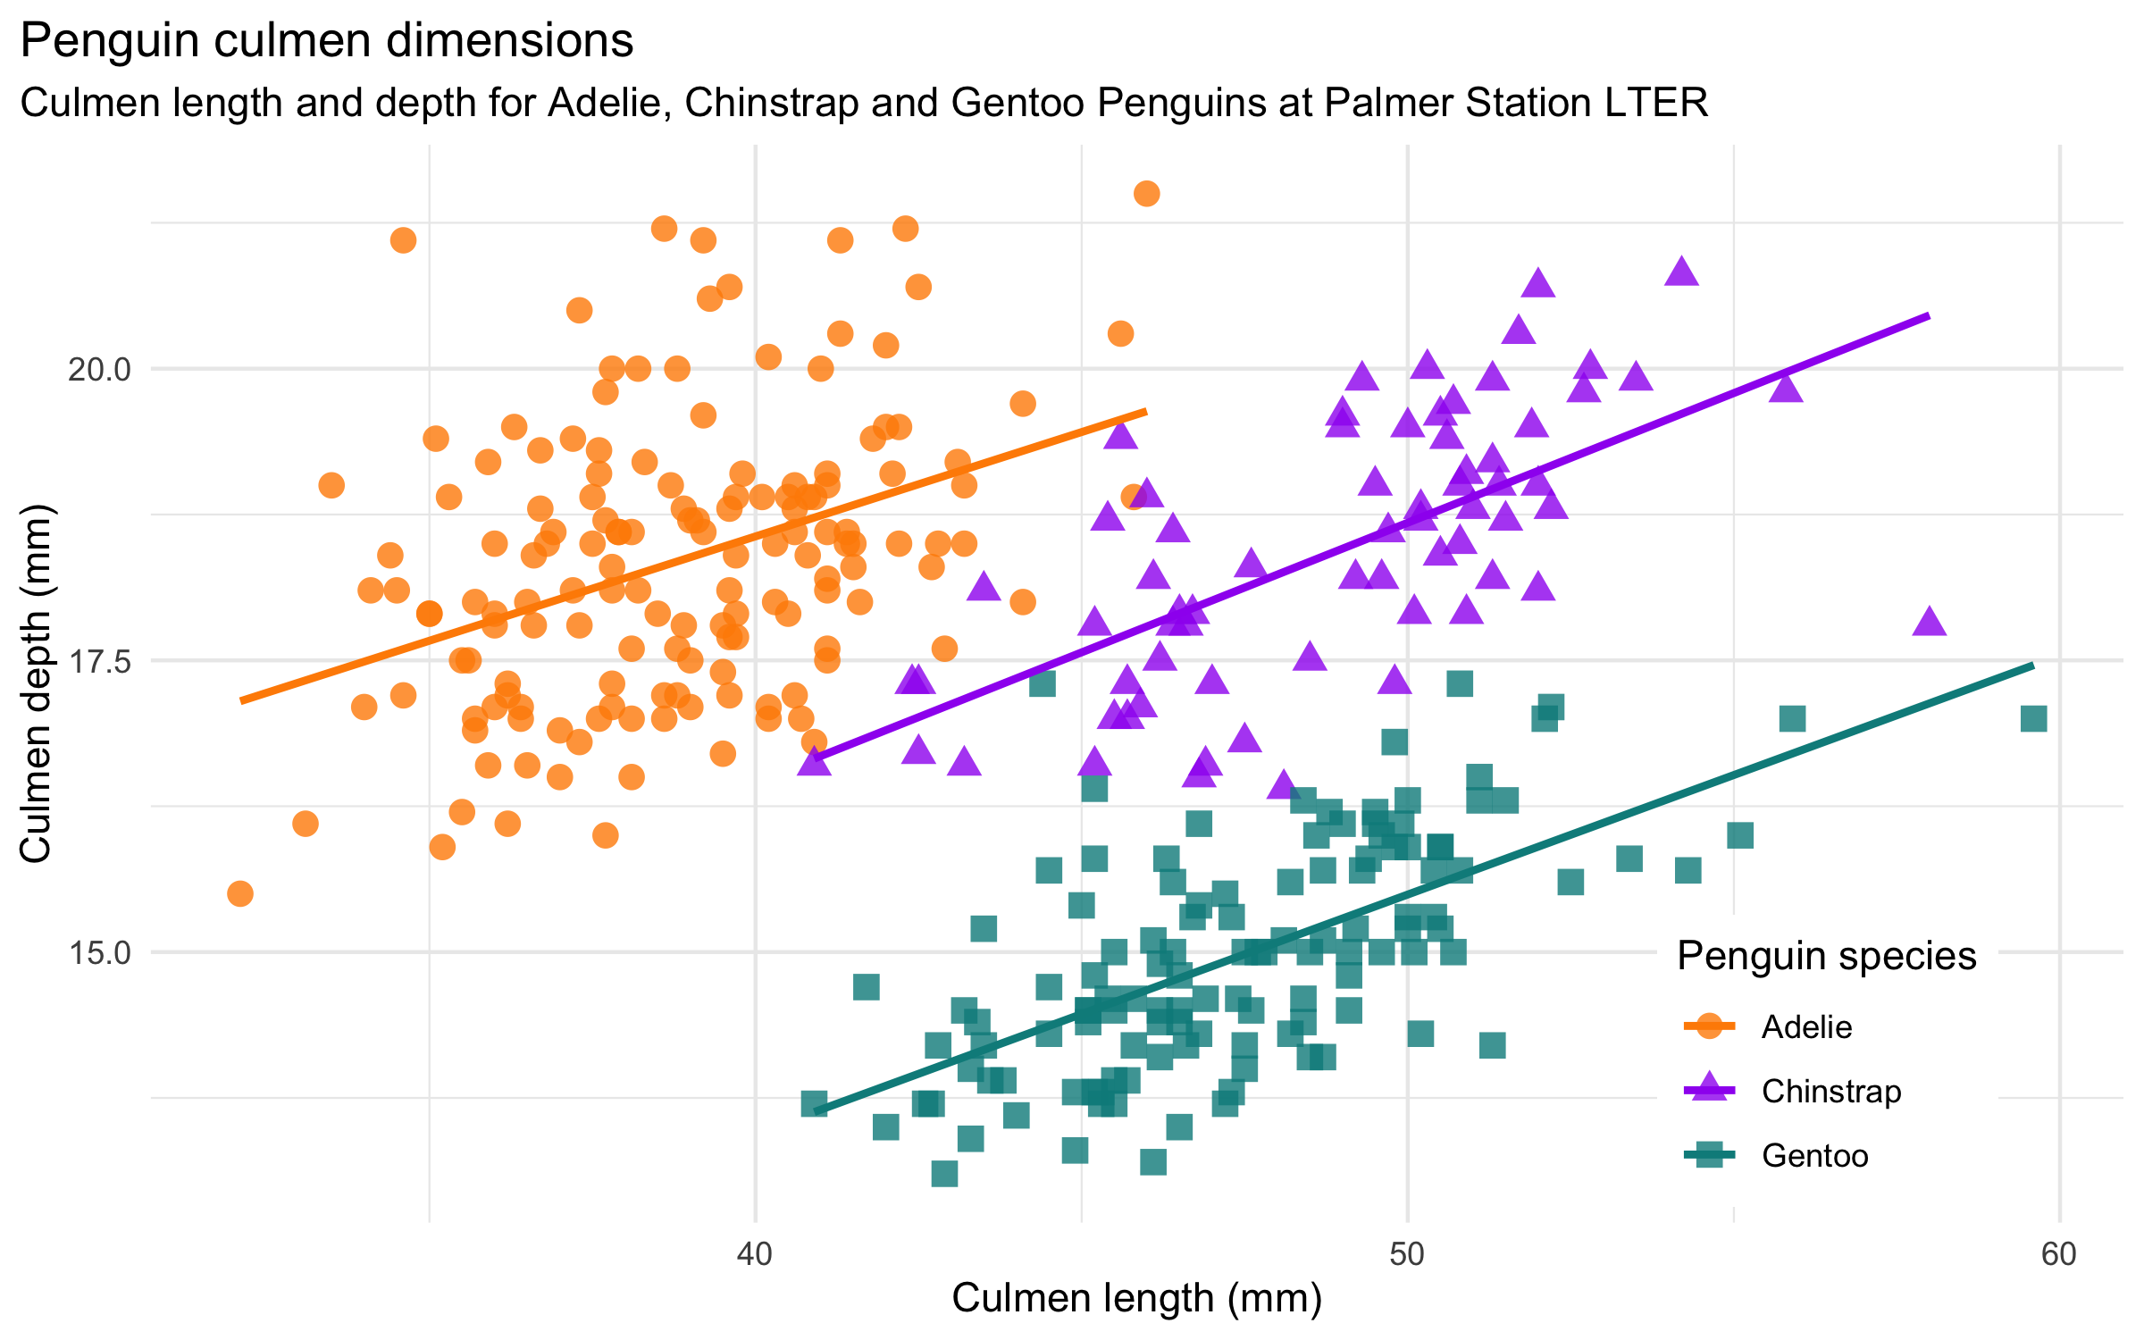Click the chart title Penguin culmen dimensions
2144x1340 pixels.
pyautogui.click(x=327, y=41)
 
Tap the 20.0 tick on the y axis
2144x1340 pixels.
pyautogui.click(x=99, y=369)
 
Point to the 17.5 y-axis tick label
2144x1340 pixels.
pyautogui.click(x=99, y=661)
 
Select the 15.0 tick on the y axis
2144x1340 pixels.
pyautogui.click(x=99, y=953)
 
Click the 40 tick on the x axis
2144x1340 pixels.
pyautogui.click(x=755, y=1254)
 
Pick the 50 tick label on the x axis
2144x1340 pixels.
pyautogui.click(x=1407, y=1254)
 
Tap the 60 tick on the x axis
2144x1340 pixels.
pyautogui.click(x=2059, y=1254)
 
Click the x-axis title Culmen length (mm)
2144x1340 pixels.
pyautogui.click(x=1136, y=1298)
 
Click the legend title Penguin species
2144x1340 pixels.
pyautogui.click(x=1826, y=956)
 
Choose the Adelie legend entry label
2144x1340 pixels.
pyautogui.click(x=1806, y=1027)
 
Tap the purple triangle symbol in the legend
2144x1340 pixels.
pyautogui.click(x=1709, y=1089)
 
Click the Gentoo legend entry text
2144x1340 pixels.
pyautogui.click(x=1814, y=1156)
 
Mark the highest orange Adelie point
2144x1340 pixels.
pyautogui.click(x=1147, y=194)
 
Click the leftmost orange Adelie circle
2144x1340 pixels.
pyautogui.click(x=240, y=893)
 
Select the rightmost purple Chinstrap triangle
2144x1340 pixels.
pyautogui.click(x=1930, y=621)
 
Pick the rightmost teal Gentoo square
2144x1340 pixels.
pyautogui.click(x=2034, y=718)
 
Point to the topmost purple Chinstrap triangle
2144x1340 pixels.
pyautogui.click(x=1681, y=272)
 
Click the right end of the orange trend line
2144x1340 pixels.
pyautogui.click(x=1145, y=411)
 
